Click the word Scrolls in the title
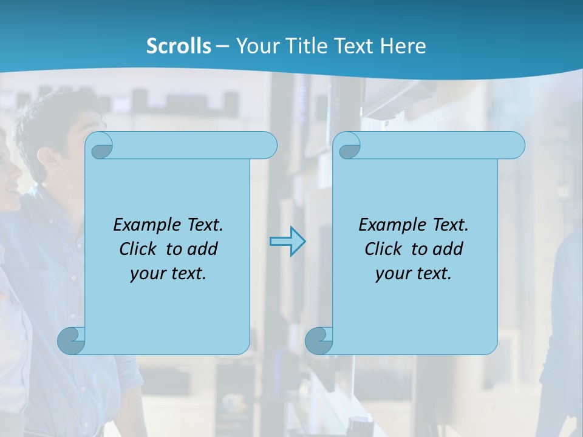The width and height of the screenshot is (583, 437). point(179,46)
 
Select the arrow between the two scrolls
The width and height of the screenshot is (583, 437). point(287,242)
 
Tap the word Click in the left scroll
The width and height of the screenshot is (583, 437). point(138,249)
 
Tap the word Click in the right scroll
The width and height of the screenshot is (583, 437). point(383,249)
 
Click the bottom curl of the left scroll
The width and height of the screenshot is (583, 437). point(71,340)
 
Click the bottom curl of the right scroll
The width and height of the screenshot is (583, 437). point(318,340)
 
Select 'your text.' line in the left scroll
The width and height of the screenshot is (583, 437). point(168,274)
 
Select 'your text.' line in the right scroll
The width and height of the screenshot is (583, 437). point(414,274)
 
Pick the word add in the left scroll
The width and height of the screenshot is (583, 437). point(202,249)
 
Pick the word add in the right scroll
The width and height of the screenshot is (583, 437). point(448,249)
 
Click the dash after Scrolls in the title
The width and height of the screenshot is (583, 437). point(222,47)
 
